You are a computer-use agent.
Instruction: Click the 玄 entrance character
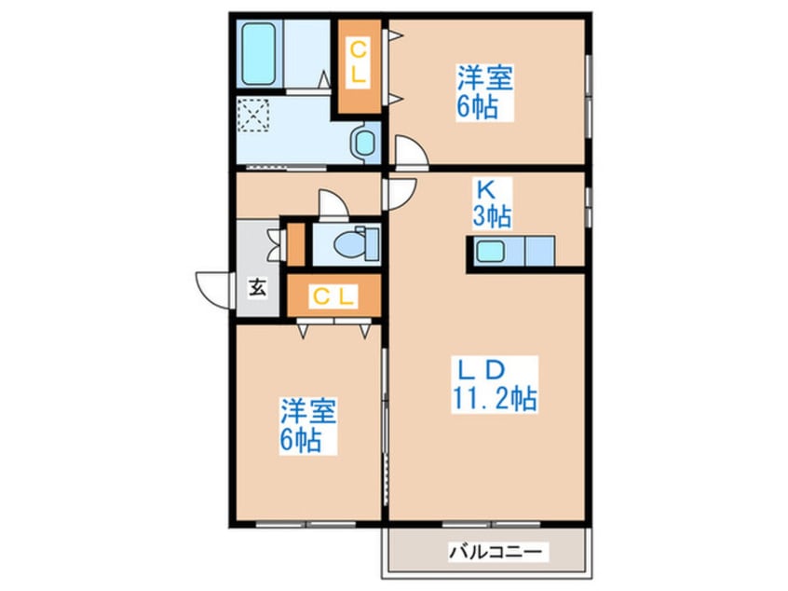point(256,288)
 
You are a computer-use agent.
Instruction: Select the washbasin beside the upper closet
point(362,144)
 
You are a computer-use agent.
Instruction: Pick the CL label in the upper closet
point(357,64)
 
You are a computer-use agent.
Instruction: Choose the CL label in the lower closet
point(333,297)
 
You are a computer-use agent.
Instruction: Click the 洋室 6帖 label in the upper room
point(484,90)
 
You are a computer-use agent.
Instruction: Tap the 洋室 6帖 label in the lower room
point(309,425)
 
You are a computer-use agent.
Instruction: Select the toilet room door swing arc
point(333,204)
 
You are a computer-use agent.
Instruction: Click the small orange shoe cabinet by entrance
point(296,243)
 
